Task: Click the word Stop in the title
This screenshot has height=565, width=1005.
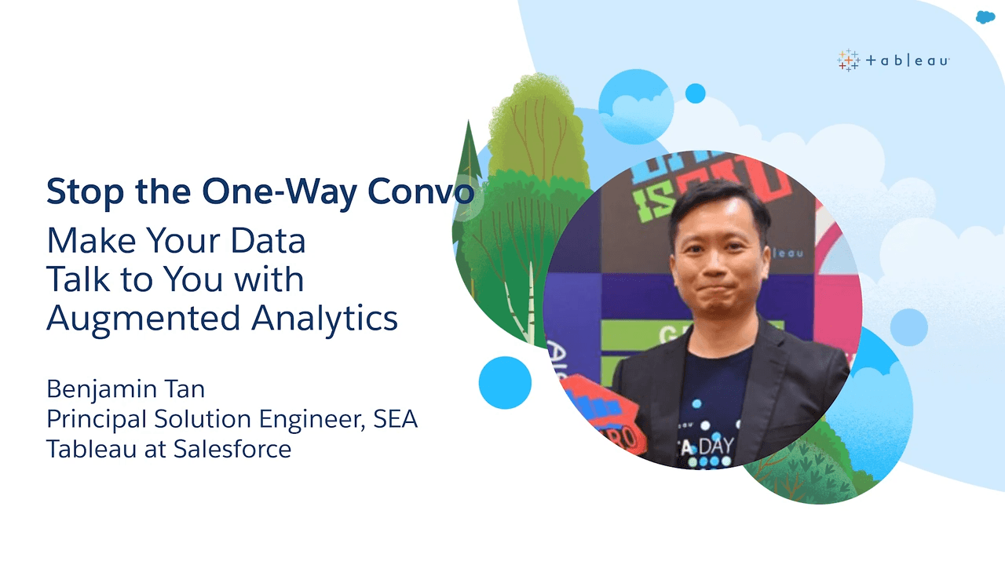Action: [x=86, y=192]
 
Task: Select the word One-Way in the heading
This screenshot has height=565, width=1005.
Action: [x=280, y=192]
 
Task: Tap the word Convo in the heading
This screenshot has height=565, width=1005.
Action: [x=421, y=191]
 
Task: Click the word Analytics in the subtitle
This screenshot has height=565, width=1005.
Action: [x=324, y=319]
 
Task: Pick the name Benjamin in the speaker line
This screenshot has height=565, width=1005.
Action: [x=103, y=390]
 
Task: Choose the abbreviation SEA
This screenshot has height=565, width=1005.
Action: [x=395, y=419]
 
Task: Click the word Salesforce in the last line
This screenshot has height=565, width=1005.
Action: [x=232, y=449]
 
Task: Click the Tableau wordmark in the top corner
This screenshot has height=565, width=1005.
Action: [x=907, y=60]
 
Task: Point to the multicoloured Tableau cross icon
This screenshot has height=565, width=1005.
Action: [x=848, y=60]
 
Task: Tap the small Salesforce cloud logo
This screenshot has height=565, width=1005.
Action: [x=985, y=17]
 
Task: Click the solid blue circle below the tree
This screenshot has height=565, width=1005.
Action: [x=505, y=382]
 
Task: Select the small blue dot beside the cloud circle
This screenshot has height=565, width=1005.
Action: [x=695, y=93]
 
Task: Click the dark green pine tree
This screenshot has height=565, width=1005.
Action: [x=467, y=188]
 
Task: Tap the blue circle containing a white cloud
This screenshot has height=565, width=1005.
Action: [x=636, y=107]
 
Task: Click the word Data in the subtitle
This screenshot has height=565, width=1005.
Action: [x=268, y=241]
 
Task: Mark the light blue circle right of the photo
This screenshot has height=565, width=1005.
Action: [x=908, y=327]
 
